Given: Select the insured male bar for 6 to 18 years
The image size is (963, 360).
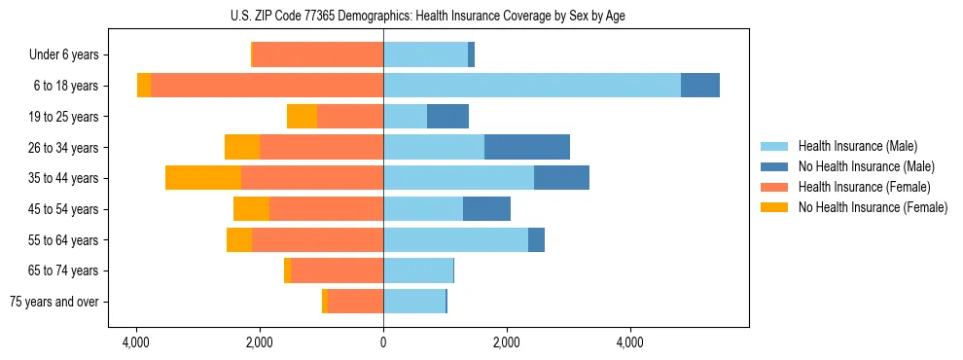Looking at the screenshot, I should click(x=532, y=86).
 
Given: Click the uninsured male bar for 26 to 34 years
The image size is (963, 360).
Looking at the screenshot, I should click(x=526, y=147).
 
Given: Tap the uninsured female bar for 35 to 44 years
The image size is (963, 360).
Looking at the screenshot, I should click(x=203, y=178).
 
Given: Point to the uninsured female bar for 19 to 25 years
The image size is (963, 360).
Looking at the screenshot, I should click(x=302, y=117).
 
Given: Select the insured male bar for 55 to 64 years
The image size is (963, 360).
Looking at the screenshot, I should click(x=455, y=239).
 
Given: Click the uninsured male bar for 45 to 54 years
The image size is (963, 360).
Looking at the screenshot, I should click(x=486, y=208).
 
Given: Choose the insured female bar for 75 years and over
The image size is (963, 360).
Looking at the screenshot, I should click(x=355, y=302).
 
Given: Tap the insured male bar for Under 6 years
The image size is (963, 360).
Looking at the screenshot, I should click(x=425, y=55).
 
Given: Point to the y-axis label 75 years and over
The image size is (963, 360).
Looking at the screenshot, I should click(x=53, y=302).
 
